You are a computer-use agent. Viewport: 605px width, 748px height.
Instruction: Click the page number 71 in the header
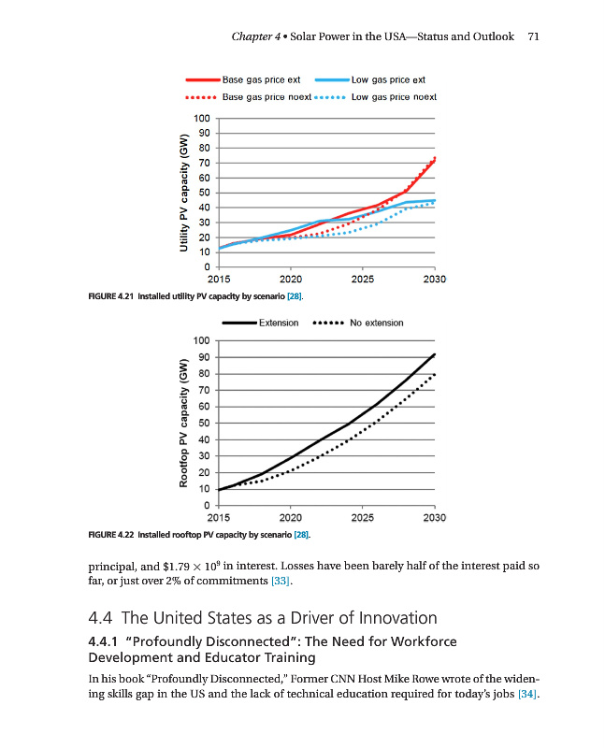coord(534,36)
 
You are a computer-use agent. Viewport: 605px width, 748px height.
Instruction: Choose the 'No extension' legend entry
coord(376,323)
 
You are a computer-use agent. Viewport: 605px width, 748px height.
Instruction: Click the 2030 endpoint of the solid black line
coord(435,354)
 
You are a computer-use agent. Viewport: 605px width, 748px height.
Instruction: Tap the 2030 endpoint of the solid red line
coord(435,159)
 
